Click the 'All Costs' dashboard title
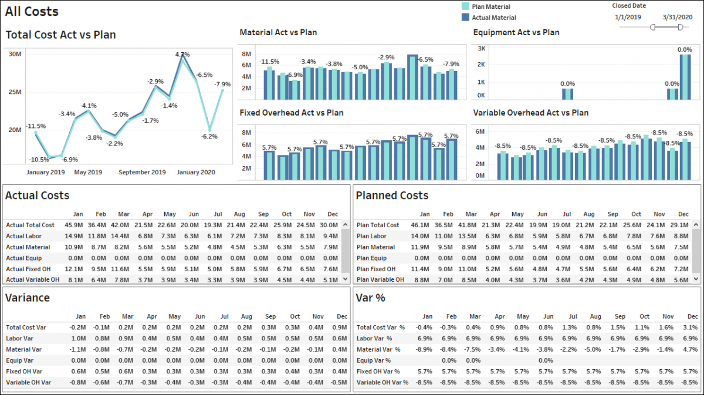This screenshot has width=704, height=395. (x=32, y=12)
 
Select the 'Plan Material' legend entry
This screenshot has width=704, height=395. (x=491, y=6)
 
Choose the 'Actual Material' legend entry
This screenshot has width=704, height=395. (x=494, y=18)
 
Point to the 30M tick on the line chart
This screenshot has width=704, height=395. (x=15, y=54)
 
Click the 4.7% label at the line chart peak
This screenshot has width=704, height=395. (x=182, y=55)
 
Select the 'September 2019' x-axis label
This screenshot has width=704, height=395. (x=142, y=173)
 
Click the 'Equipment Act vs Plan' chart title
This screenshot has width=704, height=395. (x=516, y=33)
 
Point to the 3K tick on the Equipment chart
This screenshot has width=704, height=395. (x=481, y=49)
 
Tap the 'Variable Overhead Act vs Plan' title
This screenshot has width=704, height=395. (x=530, y=113)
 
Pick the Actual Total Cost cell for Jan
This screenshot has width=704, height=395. (x=74, y=225)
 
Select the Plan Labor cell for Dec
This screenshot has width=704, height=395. (x=683, y=236)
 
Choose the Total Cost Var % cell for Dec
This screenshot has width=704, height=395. (x=689, y=328)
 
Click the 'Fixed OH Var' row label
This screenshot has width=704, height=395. (x=24, y=372)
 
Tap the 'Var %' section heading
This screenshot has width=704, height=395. (x=370, y=298)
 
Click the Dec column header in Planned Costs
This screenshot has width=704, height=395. (x=683, y=214)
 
